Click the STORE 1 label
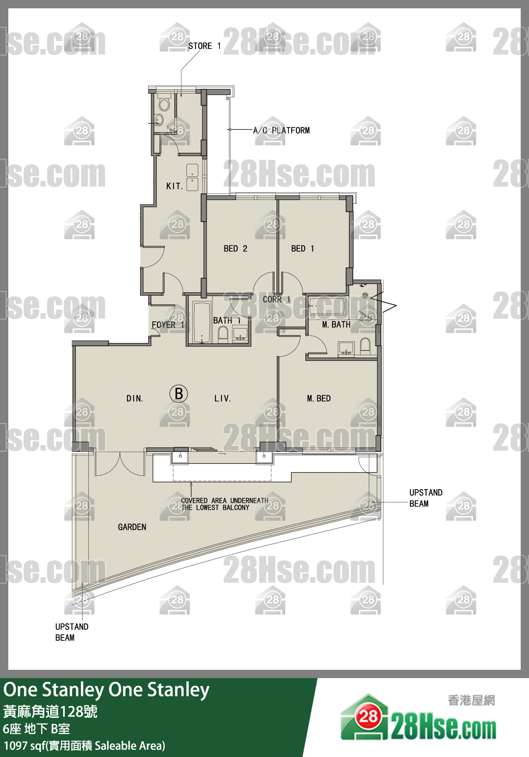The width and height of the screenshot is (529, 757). point(205,46)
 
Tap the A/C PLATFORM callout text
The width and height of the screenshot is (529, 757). point(281,130)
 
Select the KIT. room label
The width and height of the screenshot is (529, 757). point(174,186)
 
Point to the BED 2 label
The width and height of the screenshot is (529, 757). point(235,248)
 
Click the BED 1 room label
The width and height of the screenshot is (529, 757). point(302,248)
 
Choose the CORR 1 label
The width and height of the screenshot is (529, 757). point(276,299)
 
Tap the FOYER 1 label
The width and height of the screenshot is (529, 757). point(168,325)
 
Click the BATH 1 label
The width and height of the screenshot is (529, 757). point(227,321)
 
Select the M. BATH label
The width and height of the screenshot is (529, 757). point(336,325)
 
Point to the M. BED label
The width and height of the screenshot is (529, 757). point(319,399)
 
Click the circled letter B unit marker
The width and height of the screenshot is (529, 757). point(179,394)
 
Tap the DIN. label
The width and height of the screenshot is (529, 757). point(134,399)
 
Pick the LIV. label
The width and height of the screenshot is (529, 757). point(222,399)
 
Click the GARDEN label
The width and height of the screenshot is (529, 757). point(132,527)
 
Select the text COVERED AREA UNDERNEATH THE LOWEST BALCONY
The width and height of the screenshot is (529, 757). point(224,504)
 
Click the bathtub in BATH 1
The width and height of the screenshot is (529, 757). point(202,323)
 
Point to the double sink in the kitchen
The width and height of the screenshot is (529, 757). point(192,177)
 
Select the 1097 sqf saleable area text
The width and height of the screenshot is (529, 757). point(84,746)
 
